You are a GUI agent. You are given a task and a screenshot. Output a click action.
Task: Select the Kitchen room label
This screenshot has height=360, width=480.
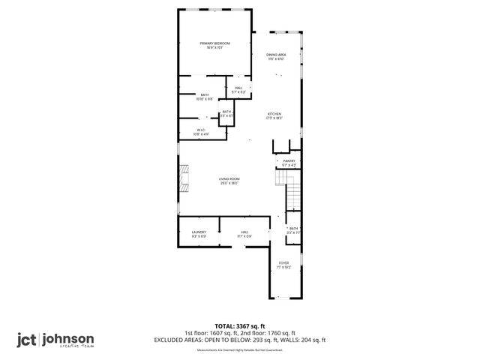274,115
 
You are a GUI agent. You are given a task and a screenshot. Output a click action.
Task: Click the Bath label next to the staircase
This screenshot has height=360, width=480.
293,230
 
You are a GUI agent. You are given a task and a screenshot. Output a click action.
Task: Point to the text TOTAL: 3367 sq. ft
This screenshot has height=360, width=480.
240,326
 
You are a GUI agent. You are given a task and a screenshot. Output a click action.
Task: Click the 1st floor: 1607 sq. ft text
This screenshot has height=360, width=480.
211,333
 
